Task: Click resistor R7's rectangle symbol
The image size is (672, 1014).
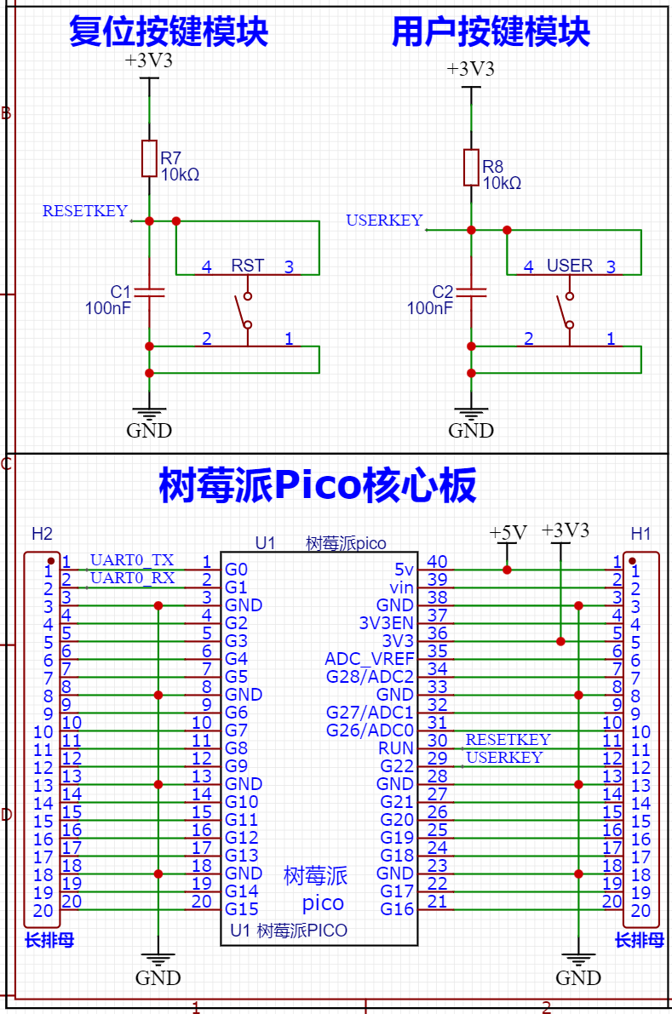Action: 149,158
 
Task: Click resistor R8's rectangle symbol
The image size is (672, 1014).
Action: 472,168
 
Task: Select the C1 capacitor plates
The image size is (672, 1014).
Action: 149,292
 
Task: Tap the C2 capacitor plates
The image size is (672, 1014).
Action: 472,292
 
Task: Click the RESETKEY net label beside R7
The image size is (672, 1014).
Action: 84,211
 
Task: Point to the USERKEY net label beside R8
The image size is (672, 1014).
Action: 384,221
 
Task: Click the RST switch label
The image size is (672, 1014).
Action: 248,266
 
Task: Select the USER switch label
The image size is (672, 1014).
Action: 570,266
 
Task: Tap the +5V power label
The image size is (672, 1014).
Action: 508,533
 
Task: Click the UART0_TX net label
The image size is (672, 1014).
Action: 132,560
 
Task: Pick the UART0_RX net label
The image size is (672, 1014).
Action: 132,577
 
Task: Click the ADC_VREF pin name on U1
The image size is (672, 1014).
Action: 370,659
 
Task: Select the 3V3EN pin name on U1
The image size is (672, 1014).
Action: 386,623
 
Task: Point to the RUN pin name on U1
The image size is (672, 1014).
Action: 396,748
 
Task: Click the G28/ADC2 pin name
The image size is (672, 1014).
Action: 370,677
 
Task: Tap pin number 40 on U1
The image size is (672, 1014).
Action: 437,561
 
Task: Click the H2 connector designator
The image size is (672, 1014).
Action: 42,534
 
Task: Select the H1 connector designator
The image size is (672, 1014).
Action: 640,534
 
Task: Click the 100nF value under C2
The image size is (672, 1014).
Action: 430,308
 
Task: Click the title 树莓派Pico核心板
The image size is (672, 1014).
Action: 318,485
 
